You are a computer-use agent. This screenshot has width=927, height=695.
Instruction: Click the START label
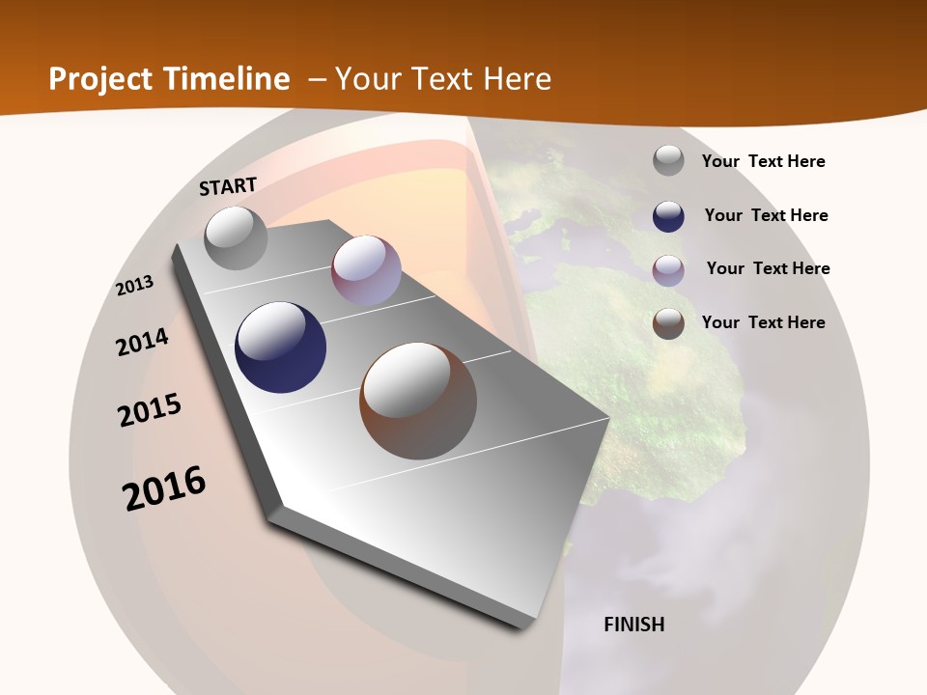pyautogui.click(x=228, y=185)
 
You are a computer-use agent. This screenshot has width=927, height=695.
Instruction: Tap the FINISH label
pyautogui.click(x=633, y=625)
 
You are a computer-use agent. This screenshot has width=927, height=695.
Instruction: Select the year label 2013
pyautogui.click(x=135, y=286)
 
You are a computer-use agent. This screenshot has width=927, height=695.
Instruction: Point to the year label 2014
pyautogui.click(x=142, y=342)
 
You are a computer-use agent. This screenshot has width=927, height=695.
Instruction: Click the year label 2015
pyautogui.click(x=150, y=411)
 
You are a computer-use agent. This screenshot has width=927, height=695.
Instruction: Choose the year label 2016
pyautogui.click(x=164, y=488)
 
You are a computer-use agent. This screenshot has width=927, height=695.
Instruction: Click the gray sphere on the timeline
pyautogui.click(x=236, y=237)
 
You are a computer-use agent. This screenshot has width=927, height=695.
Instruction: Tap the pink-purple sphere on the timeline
pyautogui.click(x=366, y=271)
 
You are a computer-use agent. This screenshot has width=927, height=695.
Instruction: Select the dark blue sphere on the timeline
pyautogui.click(x=280, y=347)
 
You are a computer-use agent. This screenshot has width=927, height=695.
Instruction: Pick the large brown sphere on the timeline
pyautogui.click(x=418, y=401)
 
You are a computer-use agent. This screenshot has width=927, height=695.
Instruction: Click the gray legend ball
pyautogui.click(x=668, y=161)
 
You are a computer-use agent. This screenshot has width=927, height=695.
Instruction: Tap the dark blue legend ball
pyautogui.click(x=668, y=215)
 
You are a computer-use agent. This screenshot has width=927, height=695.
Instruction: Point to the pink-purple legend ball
pyautogui.click(x=668, y=269)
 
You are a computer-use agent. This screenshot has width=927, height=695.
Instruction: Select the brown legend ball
pyautogui.click(x=668, y=323)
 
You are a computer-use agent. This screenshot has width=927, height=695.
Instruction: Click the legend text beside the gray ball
pyautogui.click(x=763, y=162)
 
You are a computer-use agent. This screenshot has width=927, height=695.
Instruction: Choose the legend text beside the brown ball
pyautogui.click(x=763, y=322)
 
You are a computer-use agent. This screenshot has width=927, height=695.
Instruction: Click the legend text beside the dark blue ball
pyautogui.click(x=766, y=215)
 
